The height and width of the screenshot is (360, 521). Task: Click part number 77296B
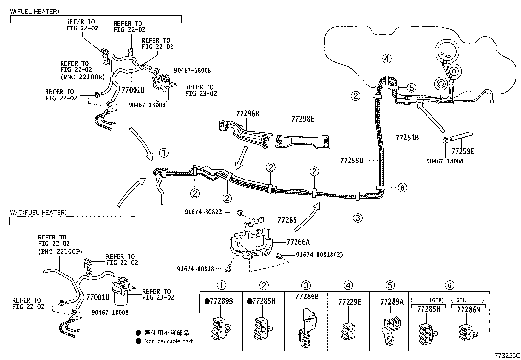click(247, 114)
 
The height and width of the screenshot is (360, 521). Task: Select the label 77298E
click(303, 119)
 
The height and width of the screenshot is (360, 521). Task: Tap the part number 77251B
click(407, 138)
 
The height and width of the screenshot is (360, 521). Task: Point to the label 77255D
click(352, 161)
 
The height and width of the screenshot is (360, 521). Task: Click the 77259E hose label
click(463, 151)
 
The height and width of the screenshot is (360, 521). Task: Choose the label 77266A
click(298, 242)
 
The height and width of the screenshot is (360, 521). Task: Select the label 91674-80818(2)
click(319, 255)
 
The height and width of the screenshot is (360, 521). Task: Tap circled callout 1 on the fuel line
click(164, 153)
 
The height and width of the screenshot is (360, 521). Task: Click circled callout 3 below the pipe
click(358, 218)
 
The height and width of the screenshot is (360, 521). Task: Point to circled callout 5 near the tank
click(411, 88)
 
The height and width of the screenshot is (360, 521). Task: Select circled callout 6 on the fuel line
click(402, 188)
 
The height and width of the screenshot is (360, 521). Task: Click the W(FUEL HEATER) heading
click(34, 12)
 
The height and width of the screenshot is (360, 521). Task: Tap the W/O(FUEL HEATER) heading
click(38, 212)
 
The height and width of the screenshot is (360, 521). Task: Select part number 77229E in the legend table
click(350, 302)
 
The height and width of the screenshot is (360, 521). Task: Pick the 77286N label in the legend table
click(468, 309)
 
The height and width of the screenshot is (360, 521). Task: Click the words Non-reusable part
click(169, 341)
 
